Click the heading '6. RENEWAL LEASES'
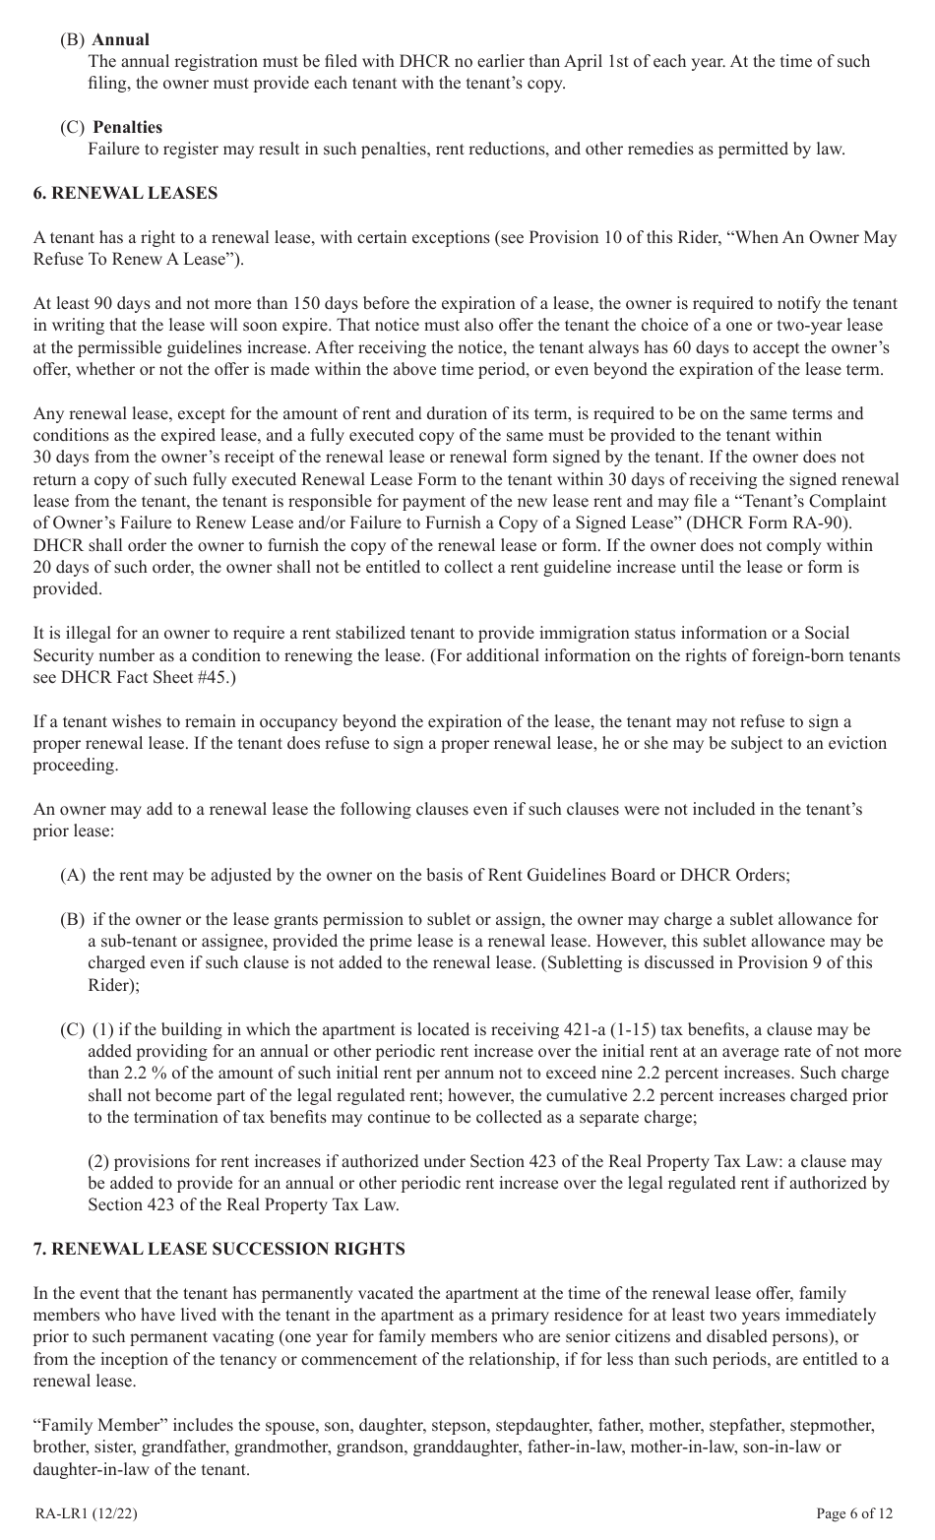125,193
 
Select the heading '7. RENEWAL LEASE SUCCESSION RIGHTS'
218,1249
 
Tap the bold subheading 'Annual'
120,39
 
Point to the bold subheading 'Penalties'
127,127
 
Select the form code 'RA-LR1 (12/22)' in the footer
86,1513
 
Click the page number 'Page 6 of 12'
854,1513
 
